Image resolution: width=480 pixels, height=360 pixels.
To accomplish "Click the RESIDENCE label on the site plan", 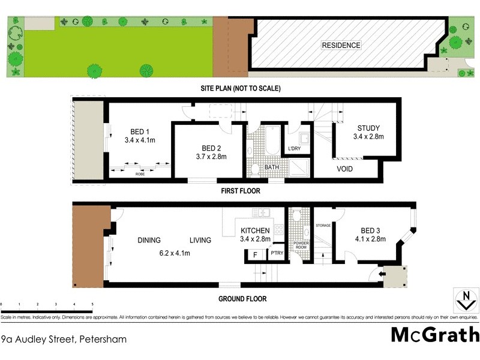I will tap(341, 45).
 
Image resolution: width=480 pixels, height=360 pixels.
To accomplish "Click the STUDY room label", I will tap(368, 128).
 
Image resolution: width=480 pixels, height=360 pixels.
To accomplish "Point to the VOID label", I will tap(344, 169).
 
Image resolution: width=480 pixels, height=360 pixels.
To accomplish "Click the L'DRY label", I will tap(294, 148).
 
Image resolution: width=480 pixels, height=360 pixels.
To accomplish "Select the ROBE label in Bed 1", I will tap(139, 173).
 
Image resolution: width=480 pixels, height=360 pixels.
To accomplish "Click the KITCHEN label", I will tap(256, 231).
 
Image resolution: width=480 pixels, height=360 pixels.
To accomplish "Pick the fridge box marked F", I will tap(254, 254).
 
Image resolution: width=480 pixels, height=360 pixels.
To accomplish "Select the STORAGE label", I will tap(323, 226).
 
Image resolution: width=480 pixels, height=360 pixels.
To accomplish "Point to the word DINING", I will tap(149, 240).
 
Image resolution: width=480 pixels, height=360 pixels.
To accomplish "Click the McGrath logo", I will tap(435, 334).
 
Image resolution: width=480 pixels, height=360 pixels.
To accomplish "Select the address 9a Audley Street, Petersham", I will tap(64, 339).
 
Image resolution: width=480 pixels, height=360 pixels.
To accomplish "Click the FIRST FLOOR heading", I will tap(240, 191).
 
